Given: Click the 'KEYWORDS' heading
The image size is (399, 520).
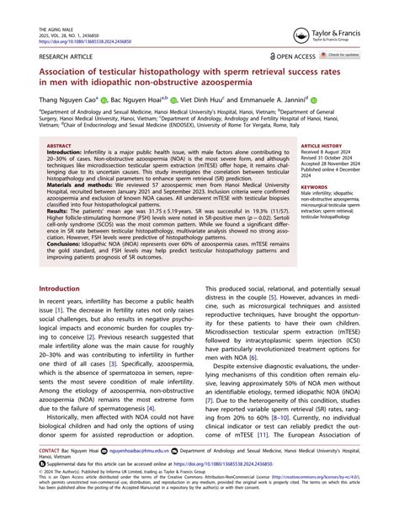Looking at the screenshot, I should pos(316,186).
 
